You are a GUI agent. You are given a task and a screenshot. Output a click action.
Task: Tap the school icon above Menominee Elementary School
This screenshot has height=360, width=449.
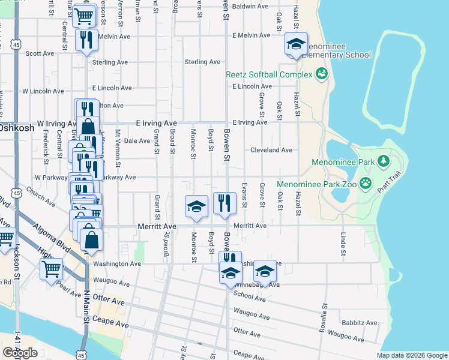click(x=296, y=44)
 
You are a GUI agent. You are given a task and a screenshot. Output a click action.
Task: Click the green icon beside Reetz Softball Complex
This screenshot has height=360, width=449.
click(x=322, y=74)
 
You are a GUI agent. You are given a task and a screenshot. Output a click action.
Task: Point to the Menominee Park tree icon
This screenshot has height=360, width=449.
click(x=382, y=161)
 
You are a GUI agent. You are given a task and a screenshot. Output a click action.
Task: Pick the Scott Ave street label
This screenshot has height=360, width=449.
click(x=40, y=53)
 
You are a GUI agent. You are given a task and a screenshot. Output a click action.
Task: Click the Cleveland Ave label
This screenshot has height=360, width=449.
click(x=271, y=149)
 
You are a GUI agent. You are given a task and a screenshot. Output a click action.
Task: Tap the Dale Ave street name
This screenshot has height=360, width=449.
click(x=136, y=141)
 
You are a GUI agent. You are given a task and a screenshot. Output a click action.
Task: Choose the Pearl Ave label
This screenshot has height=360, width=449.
click(x=69, y=286)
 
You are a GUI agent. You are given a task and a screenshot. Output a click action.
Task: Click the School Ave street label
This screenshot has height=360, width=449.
click(x=249, y=295)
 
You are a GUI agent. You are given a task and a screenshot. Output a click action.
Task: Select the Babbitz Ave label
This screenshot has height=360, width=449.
click(x=361, y=322)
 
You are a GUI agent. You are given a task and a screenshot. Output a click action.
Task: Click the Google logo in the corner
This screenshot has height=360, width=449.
click(x=20, y=353)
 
